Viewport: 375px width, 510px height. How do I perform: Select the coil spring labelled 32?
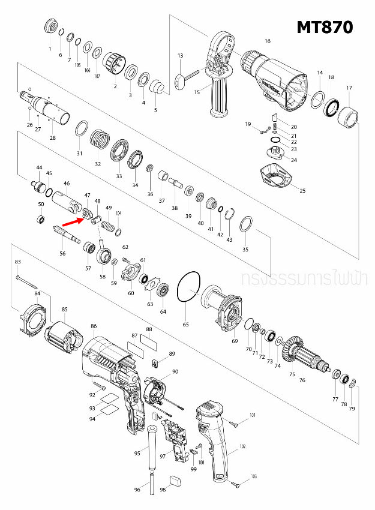101,143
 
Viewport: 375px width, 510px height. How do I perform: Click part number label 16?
268,41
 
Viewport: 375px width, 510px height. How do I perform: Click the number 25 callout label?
302,191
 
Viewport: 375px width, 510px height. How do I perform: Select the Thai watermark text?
306,280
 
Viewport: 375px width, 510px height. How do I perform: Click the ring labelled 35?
246,226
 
